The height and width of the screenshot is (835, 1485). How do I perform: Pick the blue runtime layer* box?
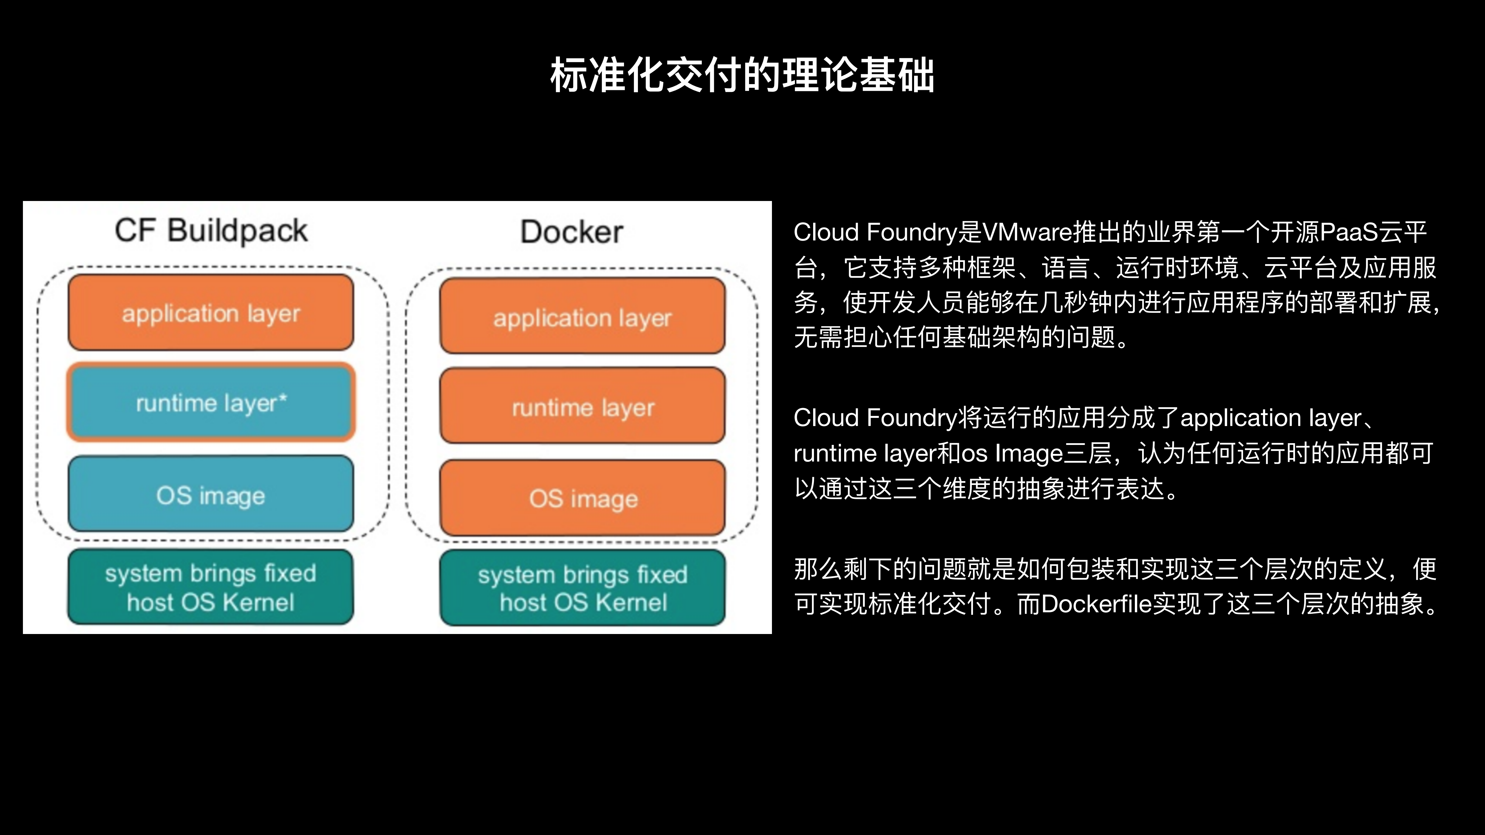pos(211,402)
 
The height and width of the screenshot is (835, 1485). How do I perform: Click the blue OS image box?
pos(211,495)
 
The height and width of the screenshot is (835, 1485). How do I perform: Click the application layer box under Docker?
pos(582,316)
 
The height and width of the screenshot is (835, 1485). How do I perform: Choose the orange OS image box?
pos(582,498)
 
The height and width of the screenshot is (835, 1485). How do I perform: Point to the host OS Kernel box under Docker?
pos(582,588)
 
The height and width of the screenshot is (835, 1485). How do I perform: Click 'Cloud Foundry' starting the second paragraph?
pos(875,418)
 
